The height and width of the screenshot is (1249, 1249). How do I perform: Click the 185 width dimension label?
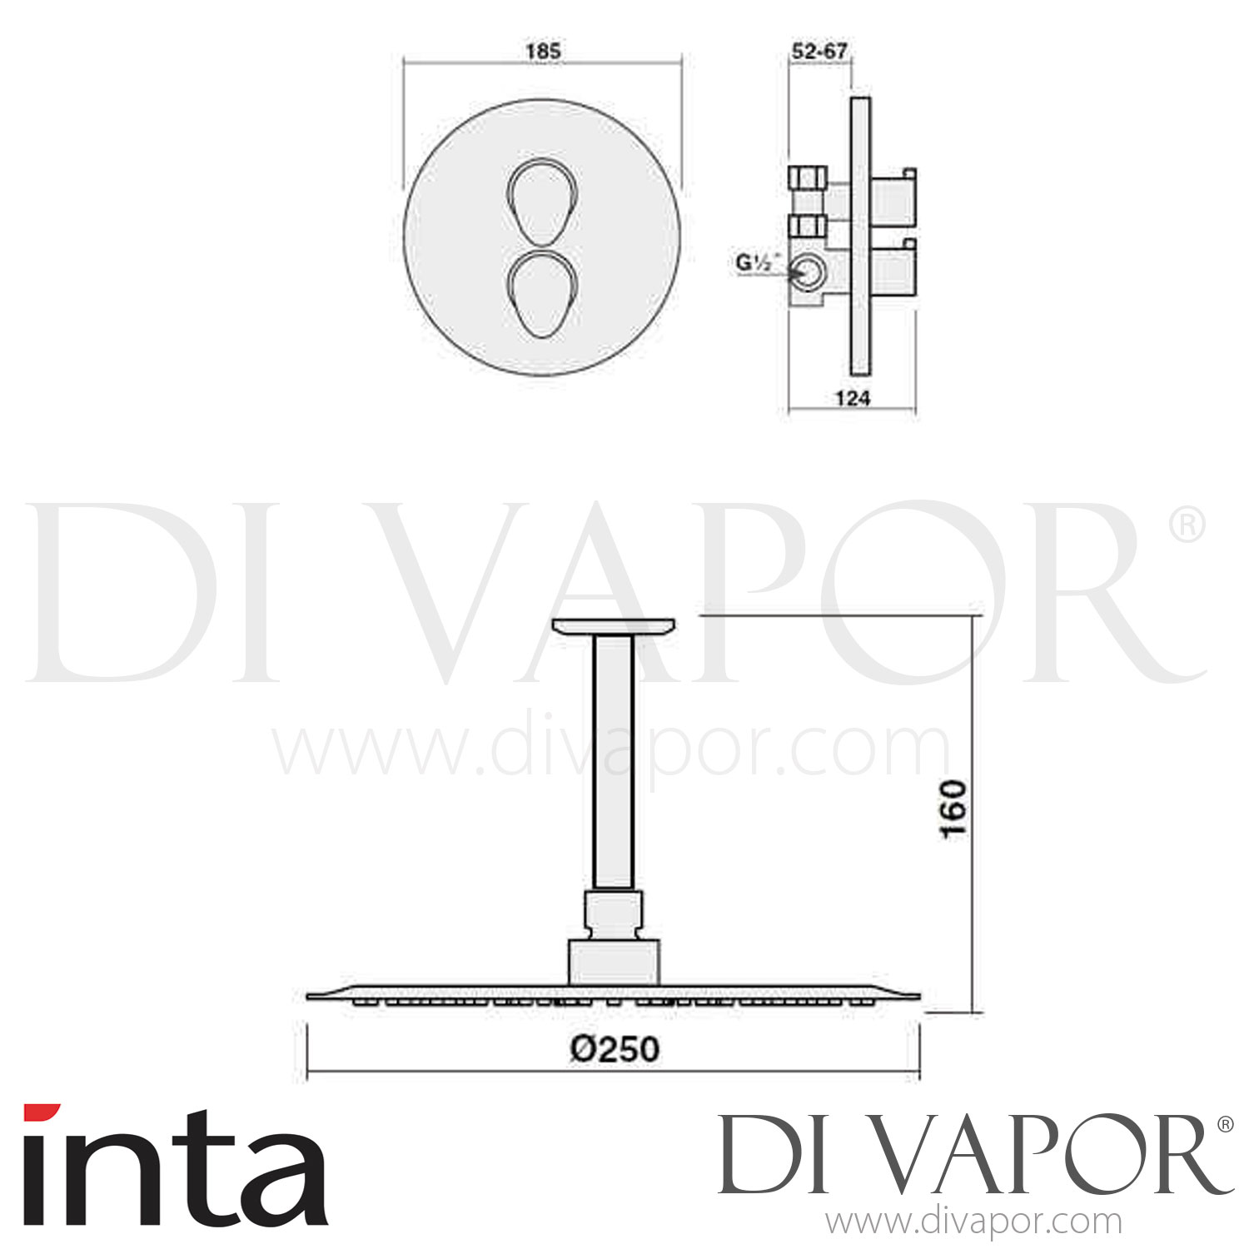pyautogui.click(x=543, y=51)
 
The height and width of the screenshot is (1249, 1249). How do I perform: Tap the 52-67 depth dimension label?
pyautogui.click(x=819, y=51)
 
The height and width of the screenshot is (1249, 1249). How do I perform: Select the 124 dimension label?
pyautogui.click(x=852, y=399)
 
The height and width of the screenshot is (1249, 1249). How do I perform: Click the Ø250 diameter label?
pyautogui.click(x=615, y=1048)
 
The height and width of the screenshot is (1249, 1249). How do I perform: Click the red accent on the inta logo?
pyautogui.click(x=42, y=1112)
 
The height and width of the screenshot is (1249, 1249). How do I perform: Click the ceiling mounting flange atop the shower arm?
pyautogui.click(x=614, y=626)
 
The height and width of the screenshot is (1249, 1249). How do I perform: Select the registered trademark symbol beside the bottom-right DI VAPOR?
pyautogui.click(x=1225, y=1124)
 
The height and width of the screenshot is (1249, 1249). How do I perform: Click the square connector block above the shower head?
pyautogui.click(x=614, y=962)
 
